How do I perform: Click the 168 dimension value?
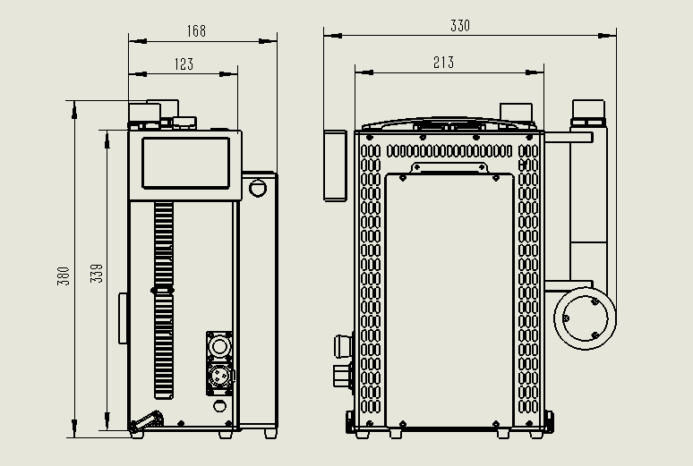click(x=196, y=31)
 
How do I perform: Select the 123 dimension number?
click(x=184, y=64)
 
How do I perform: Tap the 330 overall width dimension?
click(x=459, y=27)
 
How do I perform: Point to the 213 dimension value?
click(x=443, y=63)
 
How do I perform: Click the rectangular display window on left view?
click(x=185, y=162)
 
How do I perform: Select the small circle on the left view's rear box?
click(x=258, y=188)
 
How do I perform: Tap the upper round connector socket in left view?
click(x=220, y=343)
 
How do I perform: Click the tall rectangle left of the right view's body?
click(x=335, y=164)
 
